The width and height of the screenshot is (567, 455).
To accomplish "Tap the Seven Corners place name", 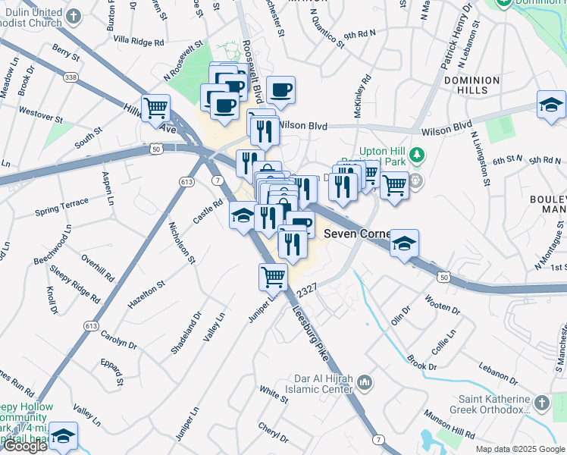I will pyautogui.click(x=356, y=234).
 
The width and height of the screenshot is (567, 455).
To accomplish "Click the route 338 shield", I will pyautogui.click(x=70, y=77).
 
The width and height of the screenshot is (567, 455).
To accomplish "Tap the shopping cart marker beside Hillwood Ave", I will pyautogui.click(x=156, y=108).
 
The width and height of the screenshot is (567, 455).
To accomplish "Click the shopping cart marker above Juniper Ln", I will pyautogui.click(x=273, y=277).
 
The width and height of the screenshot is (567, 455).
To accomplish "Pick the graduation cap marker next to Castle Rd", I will pyautogui.click(x=243, y=215).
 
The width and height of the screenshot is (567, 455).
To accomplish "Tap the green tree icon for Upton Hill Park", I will pyautogui.click(x=416, y=155).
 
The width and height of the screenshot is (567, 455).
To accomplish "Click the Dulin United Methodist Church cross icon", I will pyautogui.click(x=73, y=16).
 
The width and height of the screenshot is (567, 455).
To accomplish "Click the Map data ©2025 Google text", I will pyautogui.click(x=520, y=449).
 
